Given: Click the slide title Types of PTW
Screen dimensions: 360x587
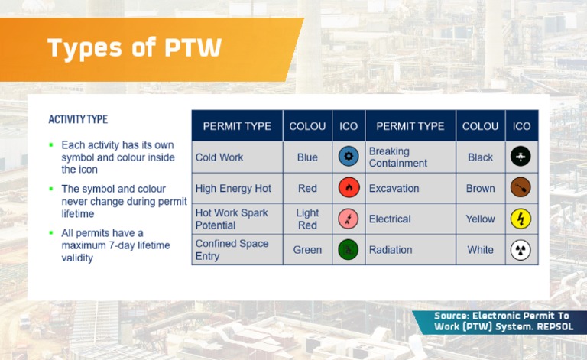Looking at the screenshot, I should pos(135,47).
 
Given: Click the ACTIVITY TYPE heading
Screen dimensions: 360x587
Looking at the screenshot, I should pos(78,119).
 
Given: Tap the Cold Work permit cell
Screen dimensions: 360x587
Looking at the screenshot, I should pos(219,157).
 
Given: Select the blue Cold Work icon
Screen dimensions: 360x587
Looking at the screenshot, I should pos(349,157).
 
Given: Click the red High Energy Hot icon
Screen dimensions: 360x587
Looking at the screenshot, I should pos(349,188).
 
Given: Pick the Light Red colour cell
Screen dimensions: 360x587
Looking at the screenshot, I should pos(307,219).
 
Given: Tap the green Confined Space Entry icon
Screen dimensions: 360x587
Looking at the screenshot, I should pos(349,250).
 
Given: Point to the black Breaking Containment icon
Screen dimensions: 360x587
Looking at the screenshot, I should pos(521,157).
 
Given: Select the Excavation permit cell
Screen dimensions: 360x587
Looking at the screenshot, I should pos(394,188).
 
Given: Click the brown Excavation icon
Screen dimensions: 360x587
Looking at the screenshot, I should pos(521,188).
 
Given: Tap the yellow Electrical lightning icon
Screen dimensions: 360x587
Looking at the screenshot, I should pos(521,219).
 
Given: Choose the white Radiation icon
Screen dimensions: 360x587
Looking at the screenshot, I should pos(521,250).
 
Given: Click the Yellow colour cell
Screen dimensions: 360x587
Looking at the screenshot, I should pos(480,219).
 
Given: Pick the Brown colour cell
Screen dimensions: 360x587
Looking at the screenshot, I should pos(480,188).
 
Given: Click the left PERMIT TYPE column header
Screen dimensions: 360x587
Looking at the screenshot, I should pos(237,126).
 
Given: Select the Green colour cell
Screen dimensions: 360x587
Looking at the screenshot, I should pos(307,250).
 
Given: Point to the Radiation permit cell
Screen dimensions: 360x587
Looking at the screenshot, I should pos(391,250).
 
